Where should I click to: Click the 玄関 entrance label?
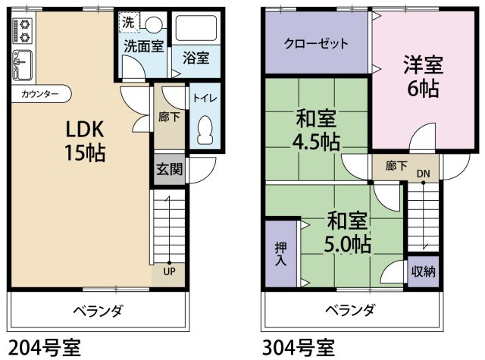pos(169,169)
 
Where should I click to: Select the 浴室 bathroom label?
pos(196,56)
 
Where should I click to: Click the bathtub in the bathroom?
pos(196,29)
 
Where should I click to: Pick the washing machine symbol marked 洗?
pos(128,22)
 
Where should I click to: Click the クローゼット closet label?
pos(316,44)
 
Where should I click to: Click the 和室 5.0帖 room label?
pos(347,233)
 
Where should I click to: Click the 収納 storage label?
pos(423,271)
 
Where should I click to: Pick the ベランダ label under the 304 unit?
pos(350,310)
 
